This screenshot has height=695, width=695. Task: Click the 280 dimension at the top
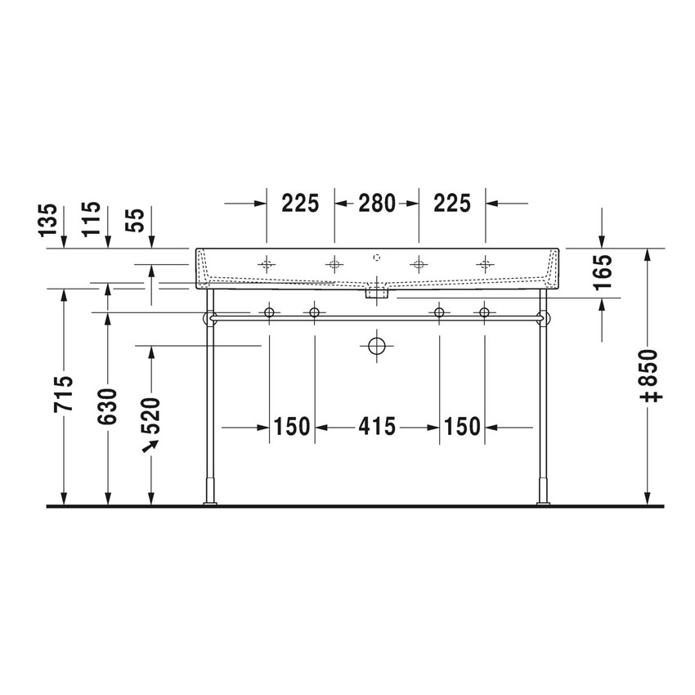[376, 203]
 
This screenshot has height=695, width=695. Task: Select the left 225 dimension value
[300, 203]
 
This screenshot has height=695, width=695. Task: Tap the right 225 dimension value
[452, 203]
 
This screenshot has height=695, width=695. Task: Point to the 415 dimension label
[376, 426]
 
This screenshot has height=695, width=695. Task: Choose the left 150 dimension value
[292, 426]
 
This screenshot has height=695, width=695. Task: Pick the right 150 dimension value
[462, 426]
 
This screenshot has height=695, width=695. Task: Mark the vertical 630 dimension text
[107, 406]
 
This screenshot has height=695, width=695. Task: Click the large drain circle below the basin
[376, 346]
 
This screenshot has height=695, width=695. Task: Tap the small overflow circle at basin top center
[376, 257]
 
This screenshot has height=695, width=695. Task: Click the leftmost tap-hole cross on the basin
[267, 263]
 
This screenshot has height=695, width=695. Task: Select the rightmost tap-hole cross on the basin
[486, 263]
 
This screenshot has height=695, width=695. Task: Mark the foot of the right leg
[541, 500]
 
